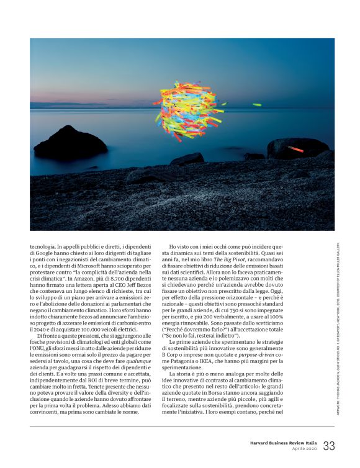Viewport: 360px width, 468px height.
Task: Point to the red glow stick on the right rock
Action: click(295, 149)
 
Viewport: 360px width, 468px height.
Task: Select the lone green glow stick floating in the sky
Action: click(256, 104)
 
